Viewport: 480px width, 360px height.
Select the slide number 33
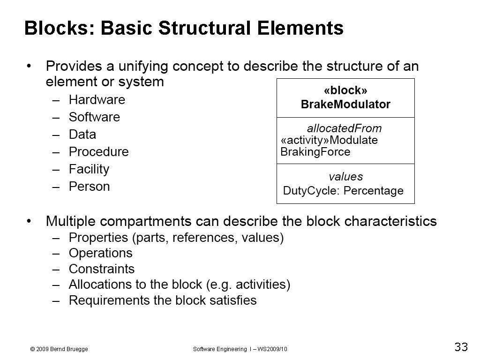tap(461, 347)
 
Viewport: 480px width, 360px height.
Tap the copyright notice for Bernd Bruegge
tap(59, 349)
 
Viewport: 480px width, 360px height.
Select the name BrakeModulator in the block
tap(345, 105)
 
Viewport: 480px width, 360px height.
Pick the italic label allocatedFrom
tap(344, 128)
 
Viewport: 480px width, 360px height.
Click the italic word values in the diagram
tap(345, 177)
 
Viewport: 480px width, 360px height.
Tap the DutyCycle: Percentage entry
tap(343, 191)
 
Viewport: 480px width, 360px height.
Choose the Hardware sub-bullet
tap(97, 100)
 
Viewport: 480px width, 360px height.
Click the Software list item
tap(94, 117)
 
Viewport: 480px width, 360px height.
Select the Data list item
tap(82, 135)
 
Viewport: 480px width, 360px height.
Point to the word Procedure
tap(98, 152)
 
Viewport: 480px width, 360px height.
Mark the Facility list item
tap(89, 169)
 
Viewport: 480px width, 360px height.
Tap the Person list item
tap(89, 187)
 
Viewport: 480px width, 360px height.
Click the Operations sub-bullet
tap(100, 253)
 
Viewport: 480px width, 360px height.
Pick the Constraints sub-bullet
tap(101, 269)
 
